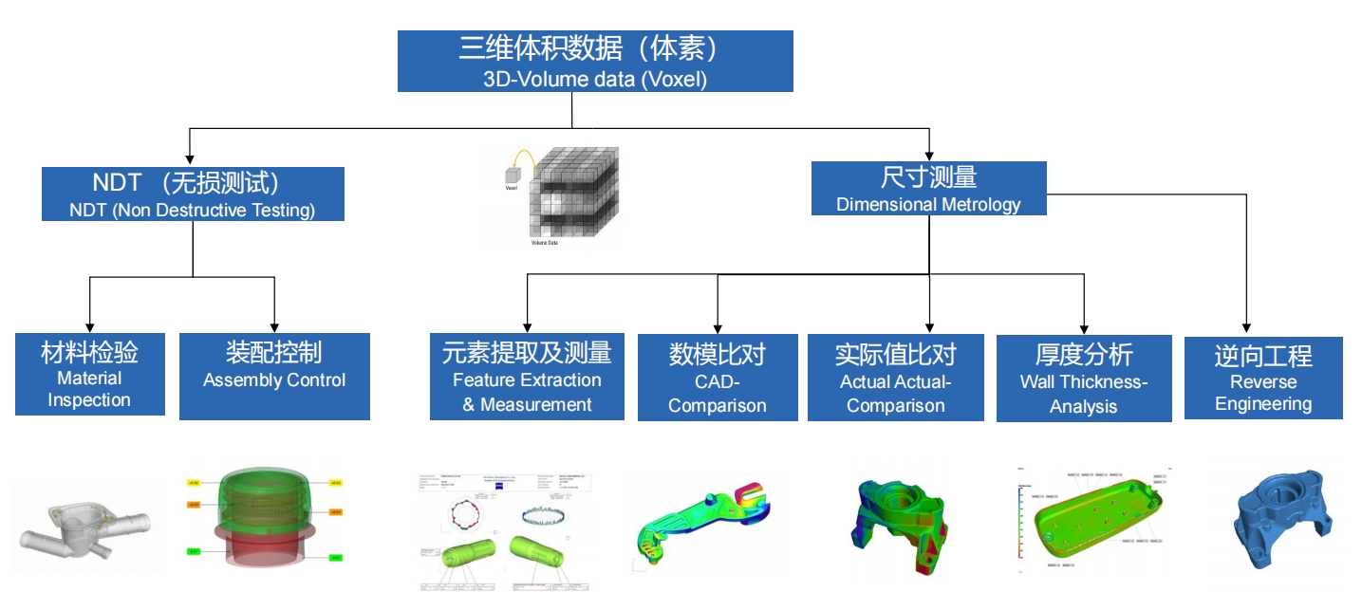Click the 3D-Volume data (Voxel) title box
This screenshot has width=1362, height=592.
[x=595, y=62]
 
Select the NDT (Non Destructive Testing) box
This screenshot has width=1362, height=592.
[x=193, y=194]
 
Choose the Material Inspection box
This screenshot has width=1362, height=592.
[x=89, y=375]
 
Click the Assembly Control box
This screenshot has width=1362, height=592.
[x=274, y=376]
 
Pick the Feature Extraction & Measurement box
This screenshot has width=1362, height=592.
[x=527, y=377]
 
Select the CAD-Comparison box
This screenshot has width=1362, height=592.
[x=717, y=378]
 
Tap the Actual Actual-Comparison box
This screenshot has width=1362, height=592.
[x=895, y=378]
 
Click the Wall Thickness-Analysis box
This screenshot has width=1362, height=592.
[x=1083, y=379]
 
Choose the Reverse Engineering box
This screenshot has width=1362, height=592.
[x=1263, y=378]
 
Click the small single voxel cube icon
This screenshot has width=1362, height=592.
[x=513, y=175]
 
